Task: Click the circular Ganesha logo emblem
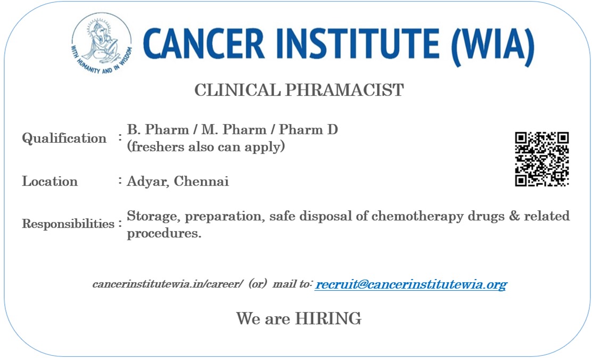coord(102,43)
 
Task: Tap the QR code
coord(542,159)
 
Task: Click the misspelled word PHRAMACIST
coord(344,90)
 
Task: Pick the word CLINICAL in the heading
coord(237,90)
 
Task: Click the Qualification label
coord(64,138)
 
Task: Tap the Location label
coord(50,181)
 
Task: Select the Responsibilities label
coord(68,224)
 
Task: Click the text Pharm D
coord(308,129)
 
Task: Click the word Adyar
coord(148,182)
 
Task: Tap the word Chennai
coord(201,181)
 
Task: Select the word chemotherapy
coord(417,216)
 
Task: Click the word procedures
coord(164,234)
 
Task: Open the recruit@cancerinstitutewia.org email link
coord(411,284)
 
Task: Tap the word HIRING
coord(328,318)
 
